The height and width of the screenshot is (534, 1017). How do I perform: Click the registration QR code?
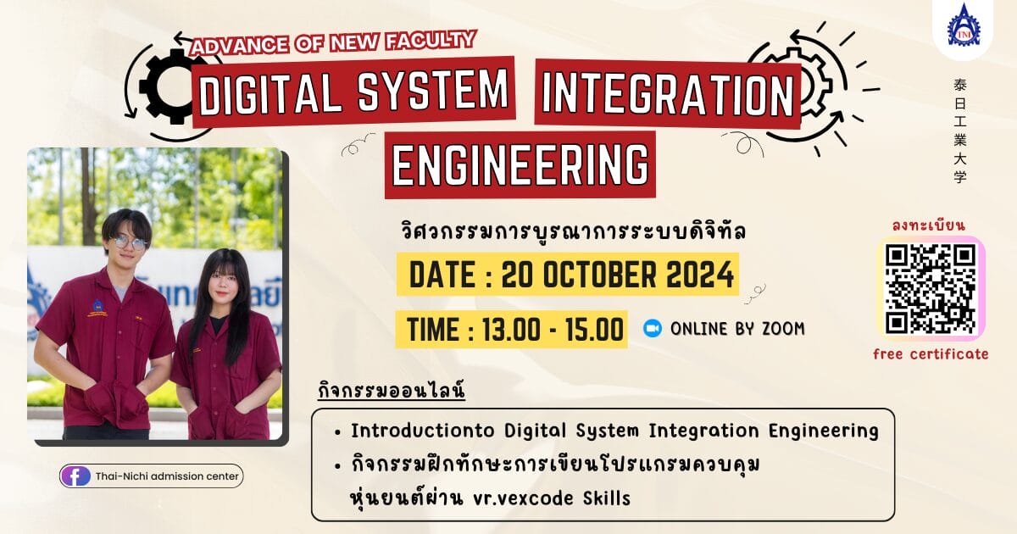coord(931,289)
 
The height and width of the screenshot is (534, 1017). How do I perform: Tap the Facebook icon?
coord(75,476)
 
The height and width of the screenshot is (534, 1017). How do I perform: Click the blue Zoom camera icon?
coord(653,328)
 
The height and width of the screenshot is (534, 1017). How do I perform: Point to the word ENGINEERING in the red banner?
coord(520,164)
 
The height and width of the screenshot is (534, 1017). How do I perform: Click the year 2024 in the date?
coord(700,275)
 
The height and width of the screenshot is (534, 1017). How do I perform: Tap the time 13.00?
coord(511,330)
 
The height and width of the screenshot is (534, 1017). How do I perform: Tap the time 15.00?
coord(594,330)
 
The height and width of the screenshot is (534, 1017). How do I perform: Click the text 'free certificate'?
coord(931,354)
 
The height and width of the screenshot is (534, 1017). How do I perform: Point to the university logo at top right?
coord(964,25)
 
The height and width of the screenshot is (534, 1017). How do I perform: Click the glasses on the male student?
coord(129,243)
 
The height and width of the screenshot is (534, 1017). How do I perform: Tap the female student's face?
coord(222,285)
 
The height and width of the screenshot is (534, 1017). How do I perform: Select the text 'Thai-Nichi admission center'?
coord(167,476)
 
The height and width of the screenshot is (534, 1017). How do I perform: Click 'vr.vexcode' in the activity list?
coord(523,498)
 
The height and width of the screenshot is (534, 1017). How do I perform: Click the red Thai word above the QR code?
coord(929,225)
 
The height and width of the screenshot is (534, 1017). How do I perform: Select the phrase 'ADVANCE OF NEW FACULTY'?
coord(334,42)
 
